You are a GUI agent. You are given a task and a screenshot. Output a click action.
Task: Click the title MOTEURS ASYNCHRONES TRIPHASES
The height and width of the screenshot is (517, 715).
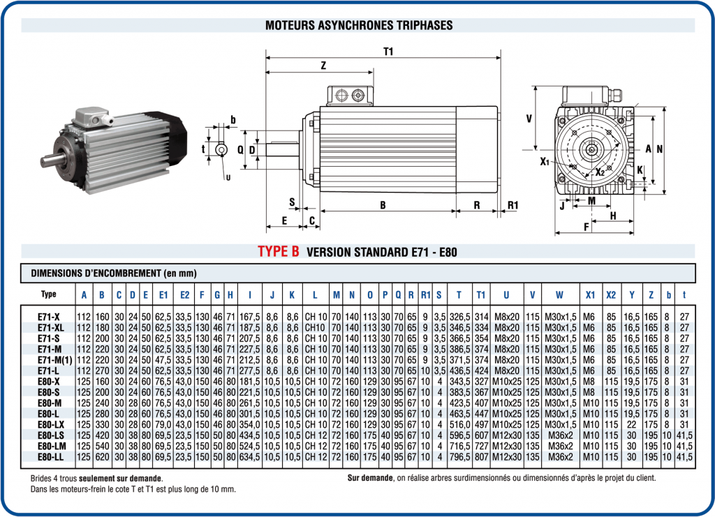point(358,25)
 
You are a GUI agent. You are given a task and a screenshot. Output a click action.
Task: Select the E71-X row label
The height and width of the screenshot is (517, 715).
point(49,316)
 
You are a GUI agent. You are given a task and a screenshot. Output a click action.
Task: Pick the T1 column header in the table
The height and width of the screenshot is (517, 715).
point(480,294)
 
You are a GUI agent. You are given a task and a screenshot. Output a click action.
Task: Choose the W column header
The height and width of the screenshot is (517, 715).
point(559,294)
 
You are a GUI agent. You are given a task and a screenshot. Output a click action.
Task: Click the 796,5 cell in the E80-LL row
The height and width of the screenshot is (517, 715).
point(459,457)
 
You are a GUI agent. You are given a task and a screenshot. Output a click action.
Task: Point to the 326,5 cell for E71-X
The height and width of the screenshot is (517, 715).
point(459,316)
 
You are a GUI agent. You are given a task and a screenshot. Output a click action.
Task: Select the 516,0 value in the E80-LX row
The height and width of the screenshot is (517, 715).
point(459,424)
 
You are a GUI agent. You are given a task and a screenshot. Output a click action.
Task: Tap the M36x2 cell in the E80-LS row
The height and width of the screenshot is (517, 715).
point(559,435)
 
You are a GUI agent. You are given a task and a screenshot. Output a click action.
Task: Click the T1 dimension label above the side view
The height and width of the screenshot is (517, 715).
point(389,51)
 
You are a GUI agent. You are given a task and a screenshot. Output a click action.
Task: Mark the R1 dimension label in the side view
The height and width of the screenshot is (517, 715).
point(513,205)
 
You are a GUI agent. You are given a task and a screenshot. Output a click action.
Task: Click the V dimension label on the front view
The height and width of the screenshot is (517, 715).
point(529,119)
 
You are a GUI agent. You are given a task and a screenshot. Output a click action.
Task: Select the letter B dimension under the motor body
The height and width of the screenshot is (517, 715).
point(383,205)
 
